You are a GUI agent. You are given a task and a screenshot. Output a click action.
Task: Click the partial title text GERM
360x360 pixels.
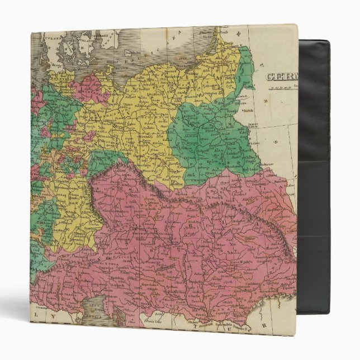pyautogui.click(x=282, y=77)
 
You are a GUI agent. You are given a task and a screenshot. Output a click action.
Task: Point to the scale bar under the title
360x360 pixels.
pyautogui.click(x=282, y=88)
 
